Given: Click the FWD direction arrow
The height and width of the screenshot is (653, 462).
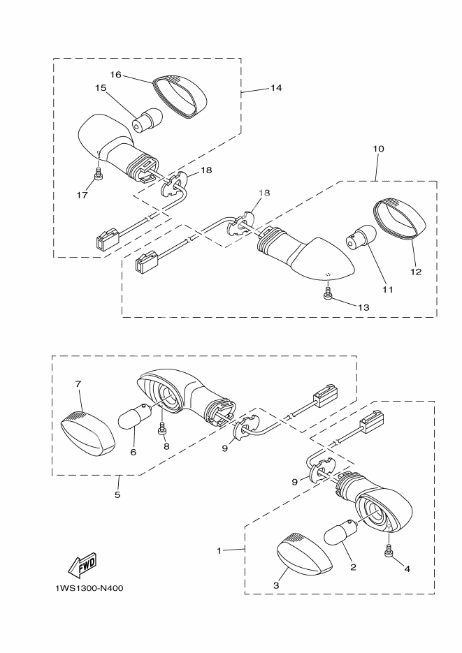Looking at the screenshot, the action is (x=82, y=564).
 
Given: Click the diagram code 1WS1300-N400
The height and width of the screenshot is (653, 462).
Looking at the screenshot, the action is (x=89, y=589).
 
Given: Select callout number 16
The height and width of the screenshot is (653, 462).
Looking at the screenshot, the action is (x=115, y=75).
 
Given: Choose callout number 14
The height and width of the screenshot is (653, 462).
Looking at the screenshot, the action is (x=276, y=88).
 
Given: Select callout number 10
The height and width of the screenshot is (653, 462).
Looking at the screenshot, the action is (x=378, y=149).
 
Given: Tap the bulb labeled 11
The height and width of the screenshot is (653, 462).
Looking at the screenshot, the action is (x=361, y=239).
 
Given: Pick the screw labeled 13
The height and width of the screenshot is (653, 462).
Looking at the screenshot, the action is (x=328, y=291).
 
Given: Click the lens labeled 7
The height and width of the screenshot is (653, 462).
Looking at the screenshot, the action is (x=88, y=433).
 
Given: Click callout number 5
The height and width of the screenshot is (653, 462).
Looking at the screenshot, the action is (x=117, y=494).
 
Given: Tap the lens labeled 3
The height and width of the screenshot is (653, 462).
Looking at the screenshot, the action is (x=305, y=552).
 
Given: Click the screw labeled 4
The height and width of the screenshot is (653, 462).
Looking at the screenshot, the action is (x=389, y=550).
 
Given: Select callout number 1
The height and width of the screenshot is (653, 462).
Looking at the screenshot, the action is (x=219, y=550).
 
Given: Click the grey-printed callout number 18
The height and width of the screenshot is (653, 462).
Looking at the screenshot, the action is (x=264, y=192).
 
